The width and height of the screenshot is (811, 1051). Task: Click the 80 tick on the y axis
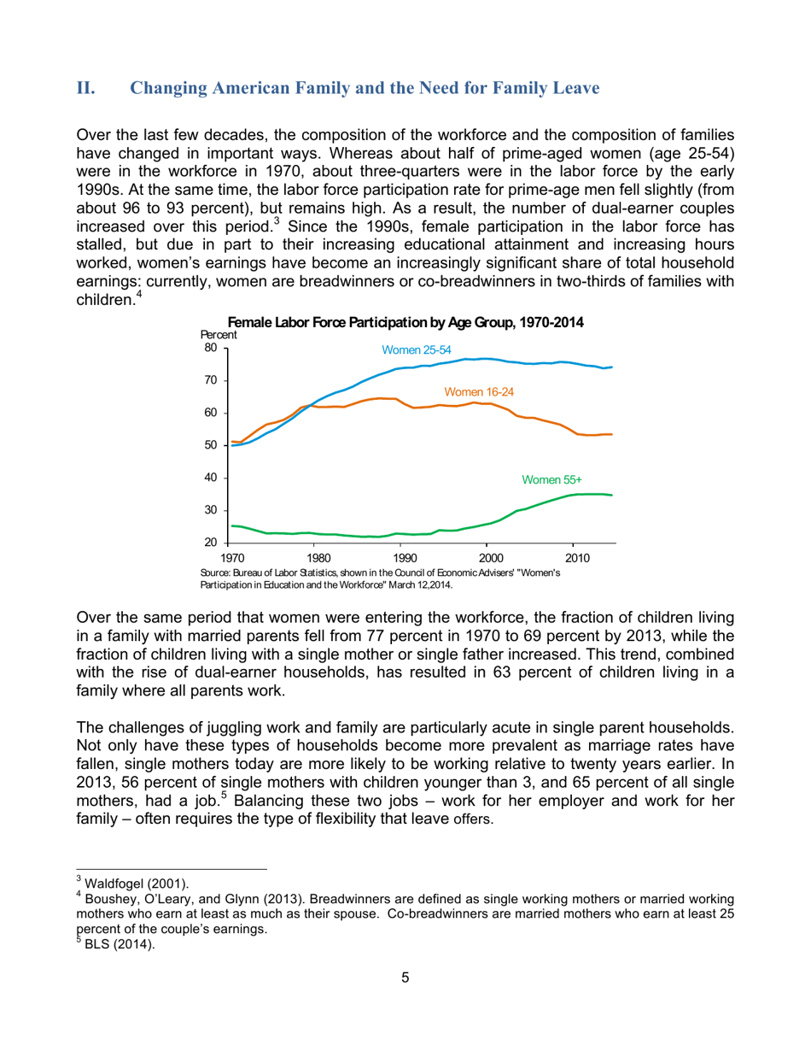(209, 348)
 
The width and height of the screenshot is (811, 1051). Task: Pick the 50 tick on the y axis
(209, 445)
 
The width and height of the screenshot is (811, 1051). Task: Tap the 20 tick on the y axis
(209, 543)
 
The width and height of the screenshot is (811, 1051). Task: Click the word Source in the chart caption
(216, 572)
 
